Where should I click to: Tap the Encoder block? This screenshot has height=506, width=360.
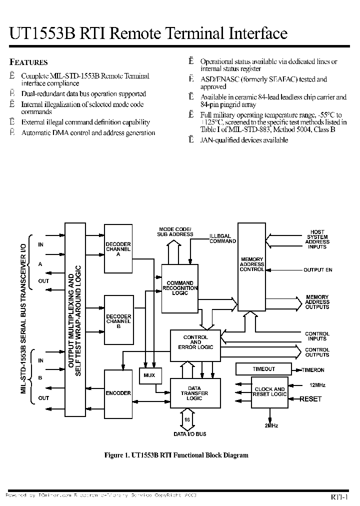coord(118,393)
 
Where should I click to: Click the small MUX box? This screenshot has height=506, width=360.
coord(149,375)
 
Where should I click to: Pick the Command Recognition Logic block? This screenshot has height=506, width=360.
coord(180,288)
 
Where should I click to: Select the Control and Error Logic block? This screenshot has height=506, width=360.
coord(195,342)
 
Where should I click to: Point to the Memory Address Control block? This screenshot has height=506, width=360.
coord(251,265)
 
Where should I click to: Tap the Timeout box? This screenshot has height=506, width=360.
coord(264,369)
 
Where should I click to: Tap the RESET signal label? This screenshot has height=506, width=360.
coord(310,399)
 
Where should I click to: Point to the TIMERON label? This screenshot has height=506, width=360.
coord(313,370)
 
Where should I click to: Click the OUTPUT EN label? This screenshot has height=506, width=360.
coord(318,270)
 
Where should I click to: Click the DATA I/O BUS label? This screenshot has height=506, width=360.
coord(190,434)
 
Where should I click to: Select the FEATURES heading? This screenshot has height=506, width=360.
coord(29,62)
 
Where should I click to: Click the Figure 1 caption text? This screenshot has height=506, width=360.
coord(176,455)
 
